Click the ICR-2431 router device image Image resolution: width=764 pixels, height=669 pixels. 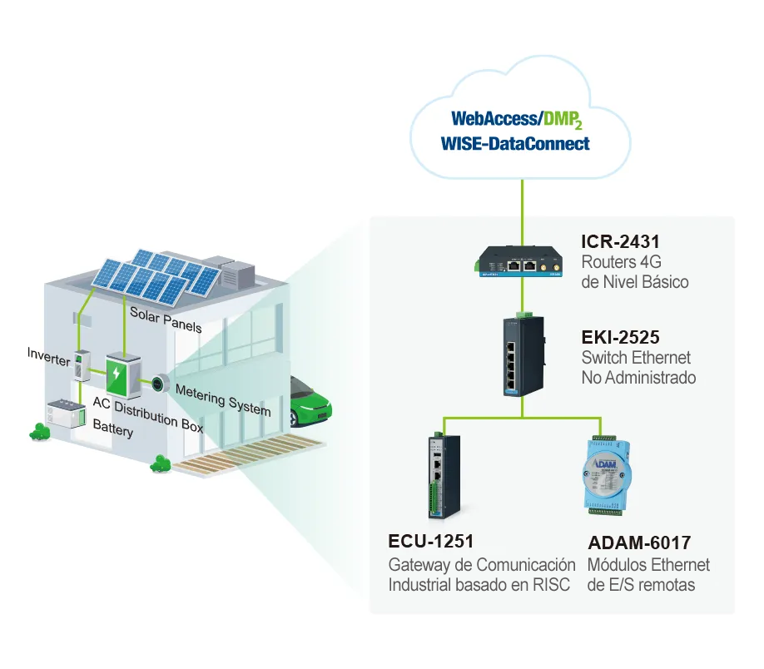(518, 261)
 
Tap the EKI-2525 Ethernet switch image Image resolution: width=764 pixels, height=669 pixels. (523, 355)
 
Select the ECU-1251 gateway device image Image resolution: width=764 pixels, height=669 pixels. (444, 477)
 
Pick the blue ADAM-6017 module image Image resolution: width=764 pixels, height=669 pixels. (606, 476)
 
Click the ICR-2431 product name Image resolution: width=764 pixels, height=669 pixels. (620, 241)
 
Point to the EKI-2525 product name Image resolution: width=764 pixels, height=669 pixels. (620, 337)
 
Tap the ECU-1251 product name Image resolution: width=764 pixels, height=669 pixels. (431, 542)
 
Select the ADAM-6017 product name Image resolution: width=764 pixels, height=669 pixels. (639, 543)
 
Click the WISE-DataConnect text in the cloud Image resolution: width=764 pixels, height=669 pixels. (515, 144)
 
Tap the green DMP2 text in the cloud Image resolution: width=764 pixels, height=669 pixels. (563, 120)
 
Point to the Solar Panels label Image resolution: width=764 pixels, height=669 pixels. (166, 320)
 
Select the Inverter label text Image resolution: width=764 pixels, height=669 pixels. (49, 357)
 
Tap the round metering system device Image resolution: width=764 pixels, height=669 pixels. (159, 384)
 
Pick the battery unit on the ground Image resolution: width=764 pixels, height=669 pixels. (67, 414)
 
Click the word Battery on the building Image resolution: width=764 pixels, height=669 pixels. (113, 429)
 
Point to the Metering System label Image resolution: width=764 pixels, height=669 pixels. (223, 400)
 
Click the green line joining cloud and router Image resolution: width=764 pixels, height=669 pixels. (523, 212)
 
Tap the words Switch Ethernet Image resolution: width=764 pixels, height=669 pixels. (636, 358)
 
